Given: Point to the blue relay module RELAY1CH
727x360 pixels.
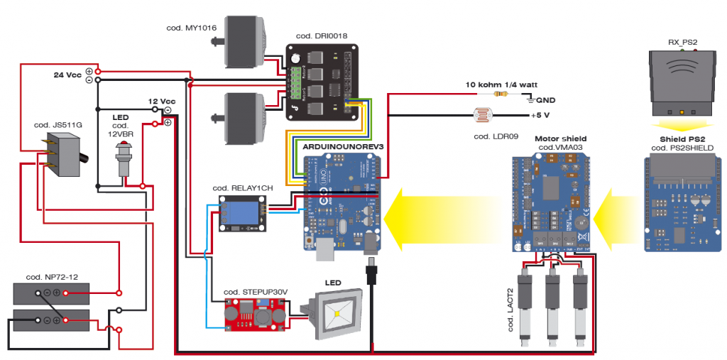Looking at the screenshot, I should coord(241,213).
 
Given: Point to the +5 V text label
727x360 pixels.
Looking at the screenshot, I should coord(542,114).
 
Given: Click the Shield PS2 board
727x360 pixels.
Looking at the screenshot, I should coord(681,206).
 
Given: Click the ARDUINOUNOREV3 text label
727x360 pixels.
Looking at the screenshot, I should coord(343,146).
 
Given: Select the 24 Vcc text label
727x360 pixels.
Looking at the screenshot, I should coord(67,75).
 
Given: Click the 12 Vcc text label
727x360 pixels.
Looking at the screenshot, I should coord(161,101).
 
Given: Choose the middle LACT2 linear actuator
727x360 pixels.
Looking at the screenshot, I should coord(553,305).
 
